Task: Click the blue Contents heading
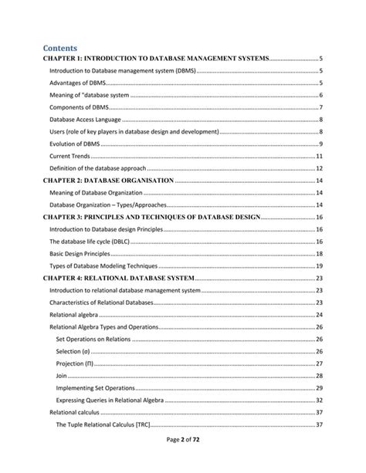[x=66, y=47]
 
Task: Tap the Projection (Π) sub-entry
[x=76, y=363]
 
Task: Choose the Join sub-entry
[x=62, y=376]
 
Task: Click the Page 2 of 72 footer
[x=183, y=460]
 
